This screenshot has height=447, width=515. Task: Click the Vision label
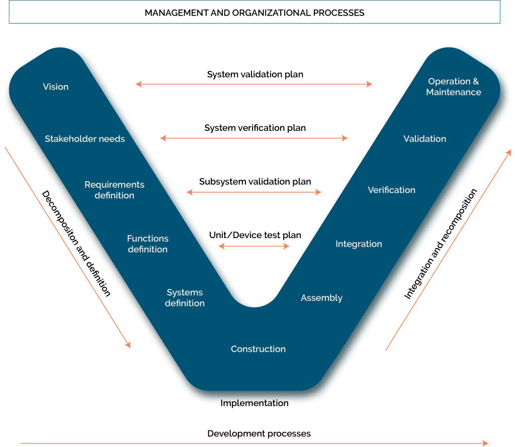tap(55, 87)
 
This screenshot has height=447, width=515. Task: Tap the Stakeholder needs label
tap(84, 138)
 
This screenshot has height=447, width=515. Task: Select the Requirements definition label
tap(114, 190)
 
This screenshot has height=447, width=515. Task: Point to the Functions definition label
tap(147, 244)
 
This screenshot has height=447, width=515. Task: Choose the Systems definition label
tap(185, 297)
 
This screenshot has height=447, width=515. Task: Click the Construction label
tap(258, 349)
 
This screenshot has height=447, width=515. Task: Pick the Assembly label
tap(321, 297)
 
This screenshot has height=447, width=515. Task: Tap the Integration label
tap(359, 244)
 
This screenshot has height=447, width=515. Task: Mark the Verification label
tap(391, 190)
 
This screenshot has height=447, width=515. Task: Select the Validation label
tap(424, 138)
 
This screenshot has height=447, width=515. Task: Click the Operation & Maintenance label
tap(453, 87)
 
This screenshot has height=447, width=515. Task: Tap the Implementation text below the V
tap(254, 402)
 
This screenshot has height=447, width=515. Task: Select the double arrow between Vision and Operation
tap(254, 84)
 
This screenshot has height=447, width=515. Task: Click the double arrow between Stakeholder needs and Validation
tap(254, 138)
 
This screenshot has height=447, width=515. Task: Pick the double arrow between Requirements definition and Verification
tap(254, 192)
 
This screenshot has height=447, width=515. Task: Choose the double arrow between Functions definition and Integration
tap(254, 246)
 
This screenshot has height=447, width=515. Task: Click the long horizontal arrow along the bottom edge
tap(254, 443)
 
